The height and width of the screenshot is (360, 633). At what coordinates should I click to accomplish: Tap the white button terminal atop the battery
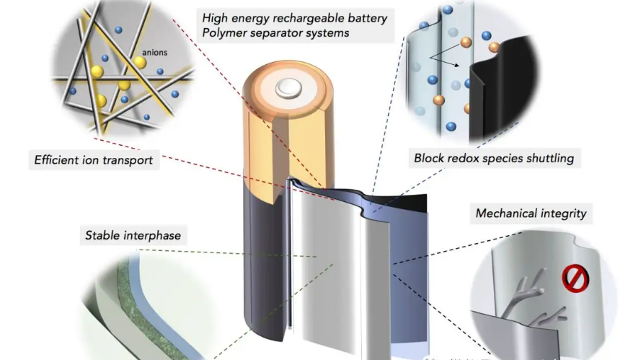[290, 89]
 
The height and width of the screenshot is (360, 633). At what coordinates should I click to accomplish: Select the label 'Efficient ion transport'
[94, 160]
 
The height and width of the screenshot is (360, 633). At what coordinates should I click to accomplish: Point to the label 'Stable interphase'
[133, 235]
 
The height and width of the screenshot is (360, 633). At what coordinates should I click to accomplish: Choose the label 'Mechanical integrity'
[531, 214]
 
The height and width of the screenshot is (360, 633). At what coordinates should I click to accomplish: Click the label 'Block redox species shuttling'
[494, 158]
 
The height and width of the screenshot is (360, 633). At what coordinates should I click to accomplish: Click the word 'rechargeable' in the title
[306, 17]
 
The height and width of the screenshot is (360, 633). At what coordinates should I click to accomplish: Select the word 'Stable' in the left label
[103, 235]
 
